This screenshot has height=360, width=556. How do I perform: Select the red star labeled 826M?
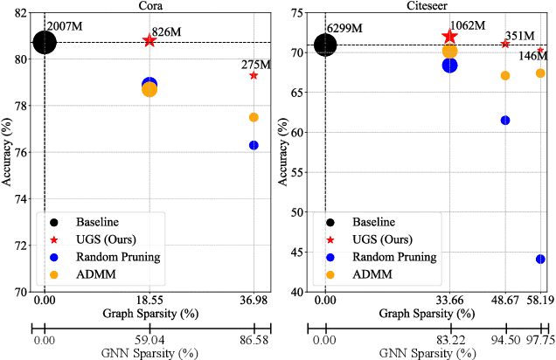click(x=149, y=41)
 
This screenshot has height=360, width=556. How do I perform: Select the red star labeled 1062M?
click(x=450, y=37)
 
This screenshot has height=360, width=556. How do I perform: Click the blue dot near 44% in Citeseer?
click(x=540, y=259)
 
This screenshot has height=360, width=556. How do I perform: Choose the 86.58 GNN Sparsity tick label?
click(x=254, y=341)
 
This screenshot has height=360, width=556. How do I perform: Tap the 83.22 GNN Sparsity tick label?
click(x=450, y=341)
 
